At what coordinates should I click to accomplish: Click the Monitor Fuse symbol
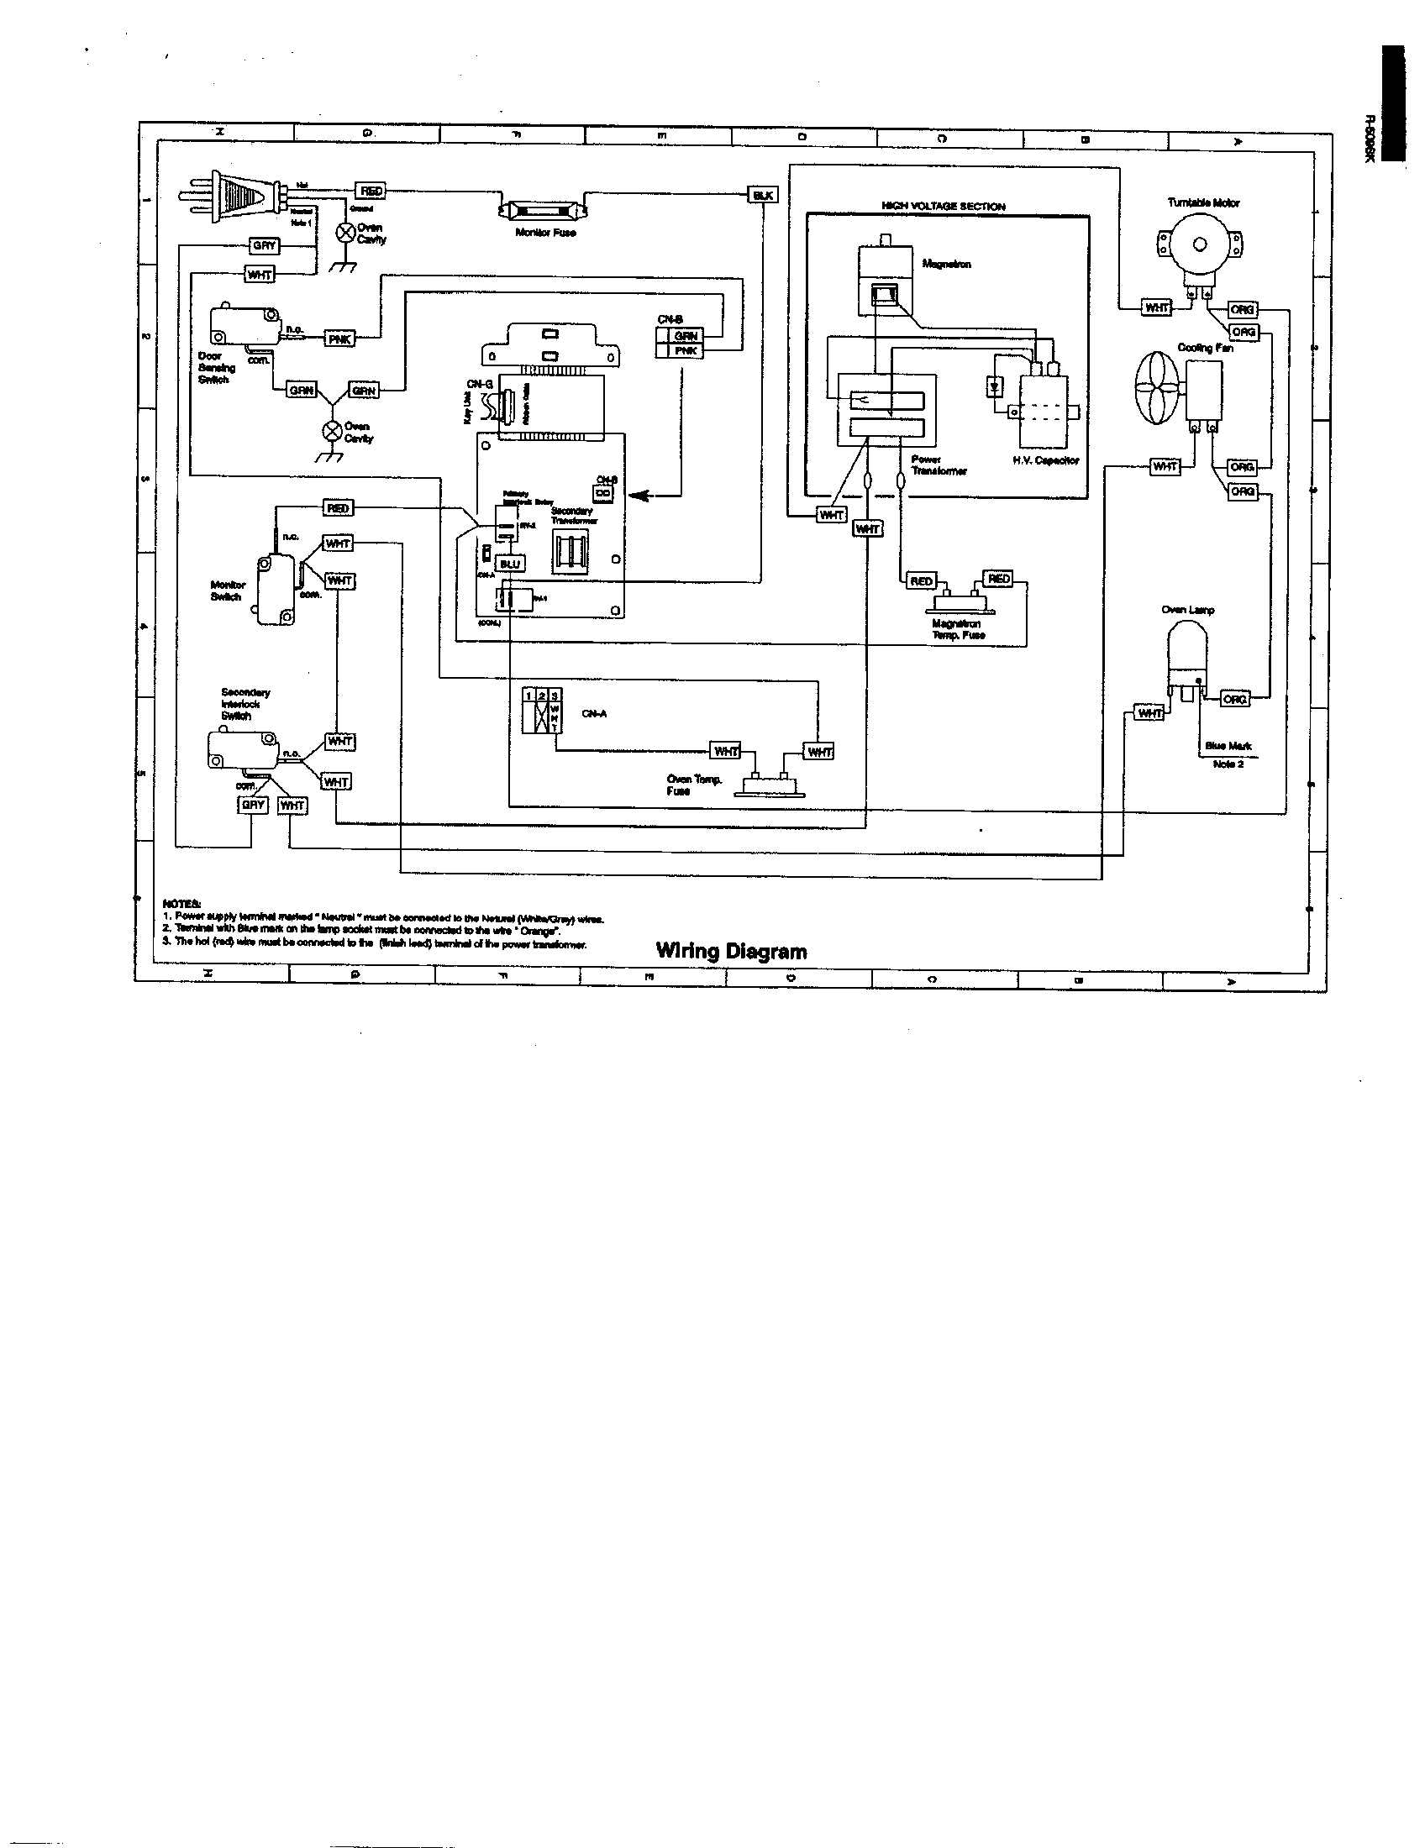[x=544, y=209]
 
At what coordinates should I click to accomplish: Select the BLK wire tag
[x=761, y=196]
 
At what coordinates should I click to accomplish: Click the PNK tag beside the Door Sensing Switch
[x=340, y=339]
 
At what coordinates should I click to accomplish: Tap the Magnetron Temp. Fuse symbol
[x=963, y=603]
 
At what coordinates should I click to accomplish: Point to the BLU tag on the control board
[x=509, y=564]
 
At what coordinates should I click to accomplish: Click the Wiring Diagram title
[x=731, y=951]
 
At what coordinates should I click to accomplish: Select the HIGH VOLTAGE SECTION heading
[x=943, y=207]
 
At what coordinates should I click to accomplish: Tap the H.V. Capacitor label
[x=1046, y=460]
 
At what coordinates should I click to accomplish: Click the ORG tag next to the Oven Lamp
[x=1233, y=699]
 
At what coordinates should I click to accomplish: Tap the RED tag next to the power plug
[x=371, y=192]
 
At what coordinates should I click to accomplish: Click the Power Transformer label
[x=938, y=465]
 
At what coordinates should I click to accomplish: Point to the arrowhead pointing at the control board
[x=639, y=496]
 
